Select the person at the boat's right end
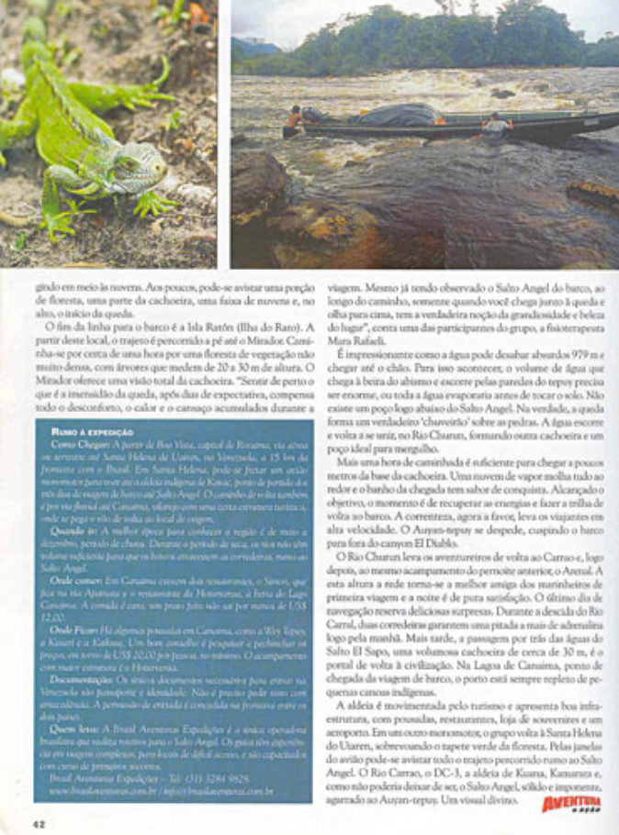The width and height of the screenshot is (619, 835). coord(497,125)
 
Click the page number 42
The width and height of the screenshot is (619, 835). coord(39,821)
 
